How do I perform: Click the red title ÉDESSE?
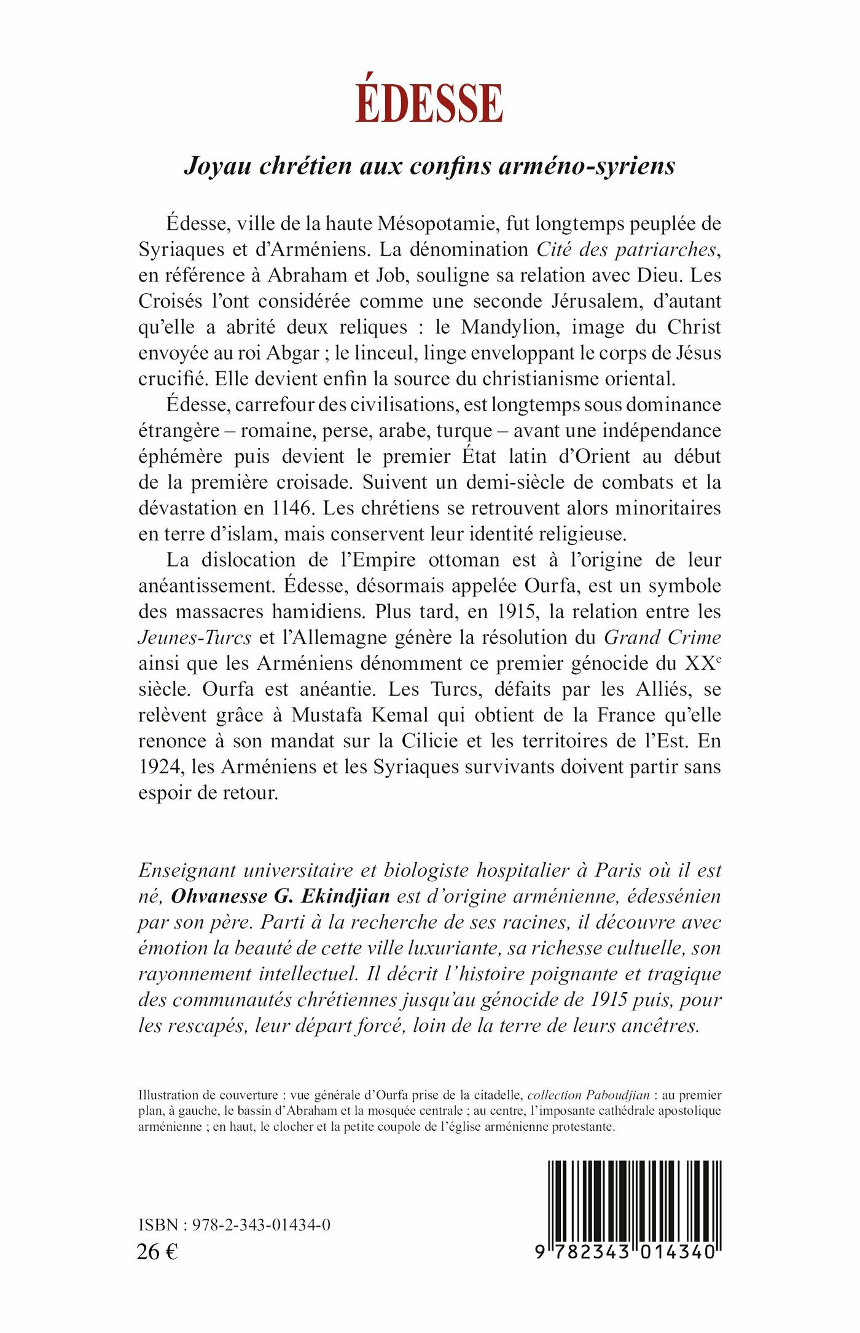point(429,102)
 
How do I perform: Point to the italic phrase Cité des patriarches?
point(627,250)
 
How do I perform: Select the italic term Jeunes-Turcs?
point(195,637)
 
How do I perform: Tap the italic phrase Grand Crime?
point(662,637)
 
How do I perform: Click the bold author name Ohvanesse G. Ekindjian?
point(280,896)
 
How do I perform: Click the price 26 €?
point(157,1251)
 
